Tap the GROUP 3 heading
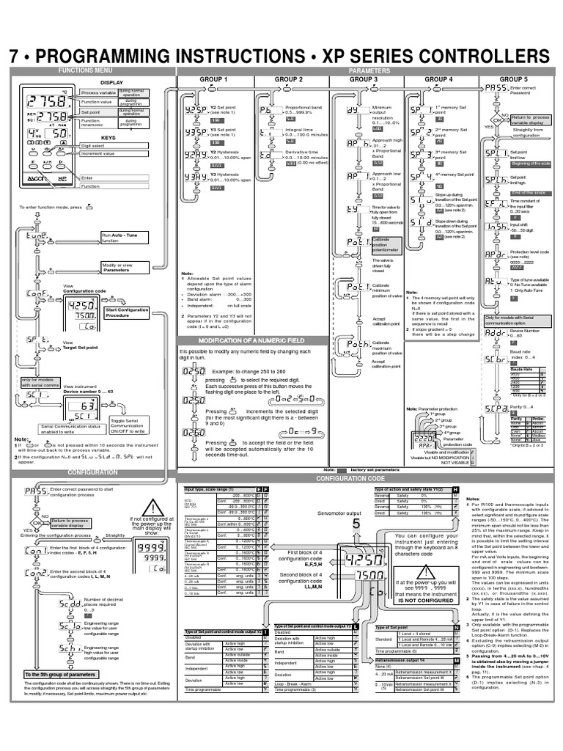pos(364,78)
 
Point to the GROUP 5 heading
pos(513,78)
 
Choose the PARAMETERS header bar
pos(364,69)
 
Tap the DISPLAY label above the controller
pos(112,83)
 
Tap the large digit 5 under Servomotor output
pos(356,525)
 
